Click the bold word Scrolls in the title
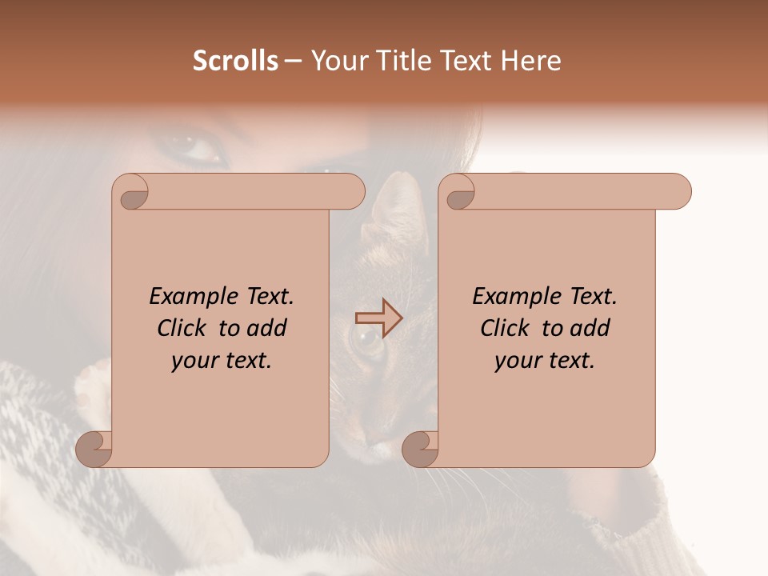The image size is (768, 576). pyautogui.click(x=235, y=61)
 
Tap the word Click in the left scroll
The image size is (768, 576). pyautogui.click(x=184, y=328)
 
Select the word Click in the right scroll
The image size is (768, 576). pyautogui.click(x=507, y=328)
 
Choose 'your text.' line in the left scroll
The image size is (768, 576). pyautogui.click(x=222, y=361)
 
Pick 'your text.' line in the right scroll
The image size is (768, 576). pyautogui.click(x=545, y=361)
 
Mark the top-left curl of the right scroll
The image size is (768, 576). pyautogui.click(x=460, y=192)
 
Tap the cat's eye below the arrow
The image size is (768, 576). pyautogui.click(x=369, y=342)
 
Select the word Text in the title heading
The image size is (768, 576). pyautogui.click(x=466, y=61)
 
